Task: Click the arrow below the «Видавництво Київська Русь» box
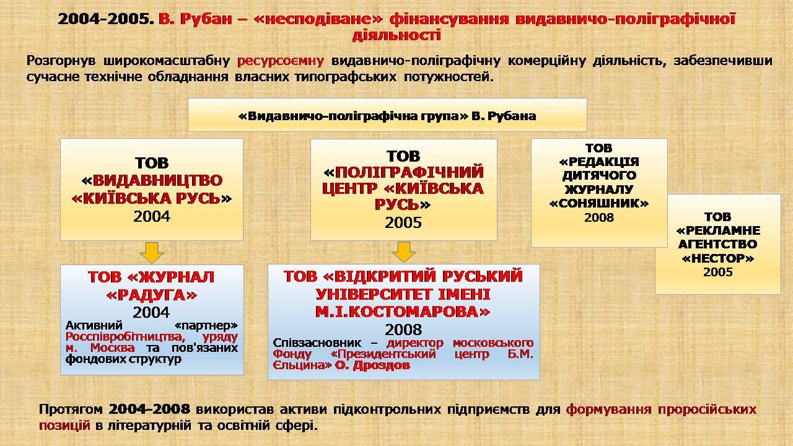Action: (152, 253)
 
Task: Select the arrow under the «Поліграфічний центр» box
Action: (403, 252)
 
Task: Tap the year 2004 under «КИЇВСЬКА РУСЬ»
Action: (152, 216)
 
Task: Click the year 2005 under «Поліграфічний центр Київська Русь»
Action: (403, 222)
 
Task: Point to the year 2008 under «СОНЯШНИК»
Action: (599, 217)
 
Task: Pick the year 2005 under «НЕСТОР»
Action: (717, 272)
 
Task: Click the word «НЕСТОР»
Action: (717, 258)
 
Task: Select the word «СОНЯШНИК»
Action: (599, 203)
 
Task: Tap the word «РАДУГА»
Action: (152, 295)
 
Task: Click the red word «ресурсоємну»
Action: (281, 61)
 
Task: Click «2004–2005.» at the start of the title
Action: (106, 19)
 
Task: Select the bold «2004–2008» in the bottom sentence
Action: (149, 409)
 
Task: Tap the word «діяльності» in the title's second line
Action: (396, 35)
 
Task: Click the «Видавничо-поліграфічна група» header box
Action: (387, 115)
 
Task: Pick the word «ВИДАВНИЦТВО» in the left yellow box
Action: (157, 180)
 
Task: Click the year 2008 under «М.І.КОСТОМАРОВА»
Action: (403, 330)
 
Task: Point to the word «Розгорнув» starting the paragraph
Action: (61, 61)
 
